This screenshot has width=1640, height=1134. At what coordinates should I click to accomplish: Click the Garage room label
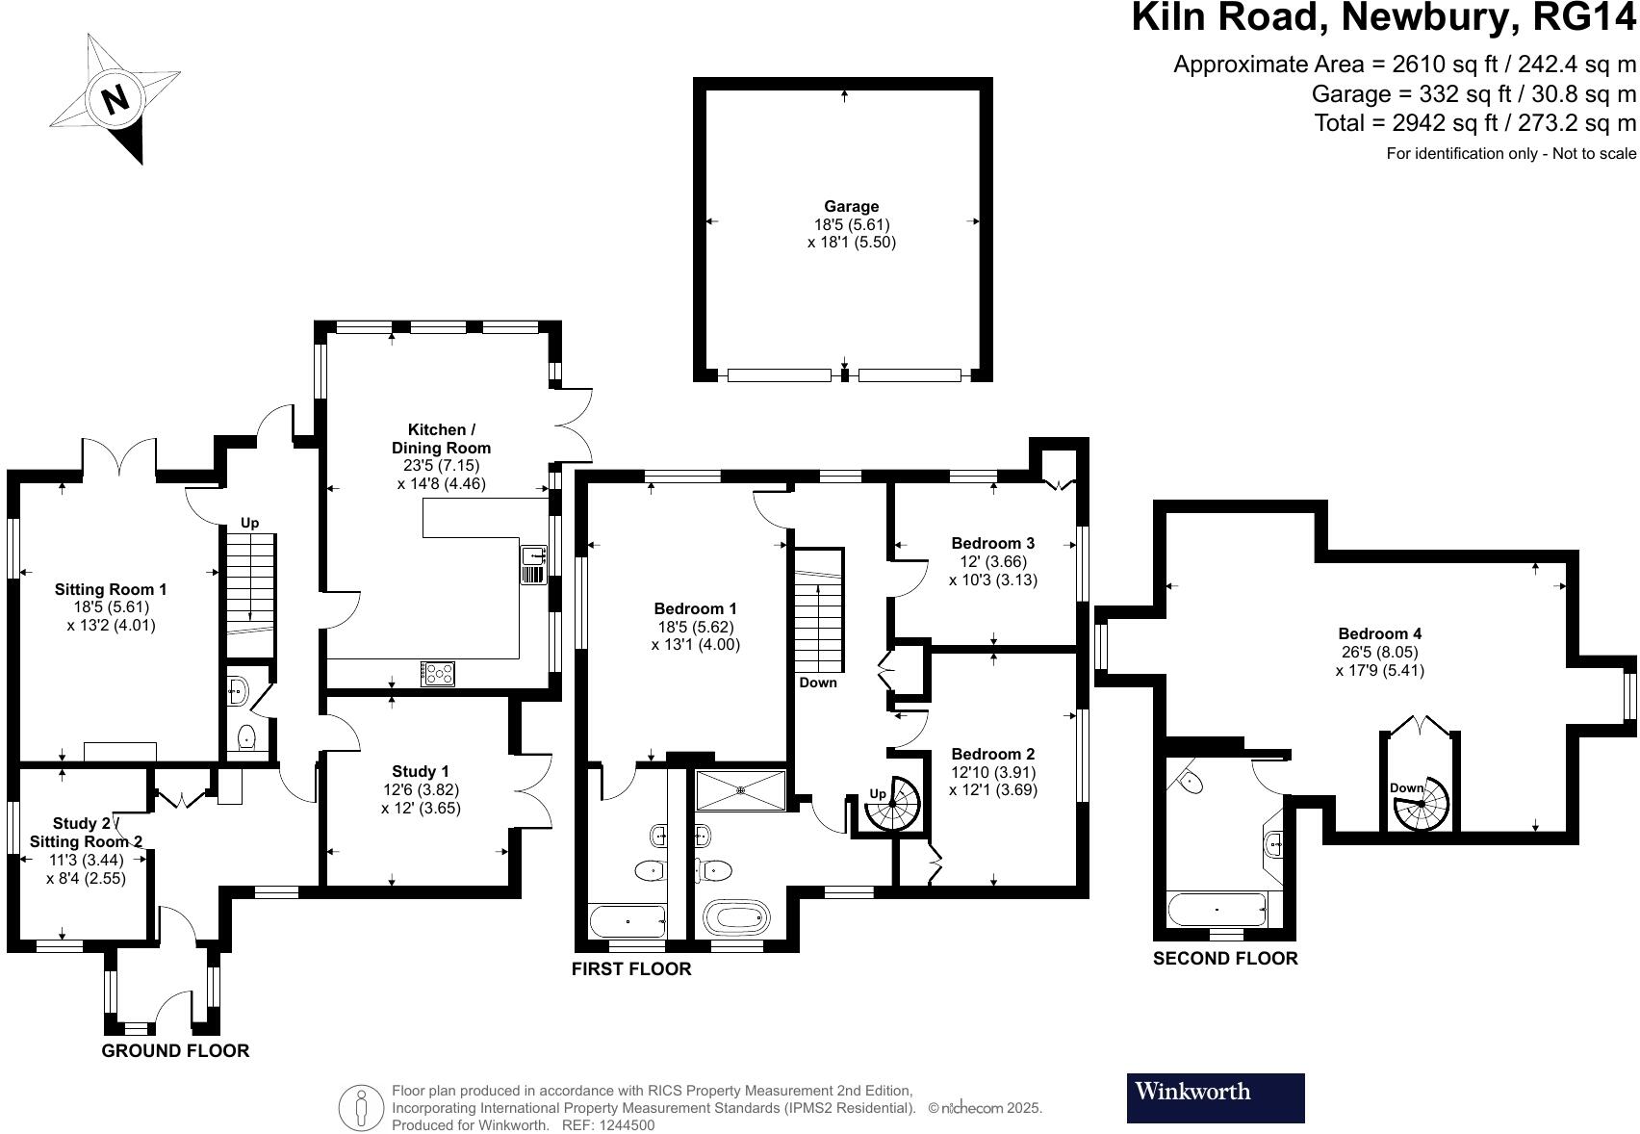point(851,206)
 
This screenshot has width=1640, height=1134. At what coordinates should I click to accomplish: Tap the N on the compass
point(116,98)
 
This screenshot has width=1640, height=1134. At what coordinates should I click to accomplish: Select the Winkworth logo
point(1215,1097)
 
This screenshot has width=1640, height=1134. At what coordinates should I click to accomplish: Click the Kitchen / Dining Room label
point(441,439)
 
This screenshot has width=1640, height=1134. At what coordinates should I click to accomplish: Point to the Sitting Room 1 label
point(111,589)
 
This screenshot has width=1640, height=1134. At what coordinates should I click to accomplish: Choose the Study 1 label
point(421,771)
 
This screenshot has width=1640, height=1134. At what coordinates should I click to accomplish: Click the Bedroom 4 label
point(1379,633)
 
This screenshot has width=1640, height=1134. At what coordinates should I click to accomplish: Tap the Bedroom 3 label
point(992,543)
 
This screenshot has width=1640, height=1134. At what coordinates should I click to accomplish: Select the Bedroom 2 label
point(992,754)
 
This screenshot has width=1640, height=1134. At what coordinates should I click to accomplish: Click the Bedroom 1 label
point(695,608)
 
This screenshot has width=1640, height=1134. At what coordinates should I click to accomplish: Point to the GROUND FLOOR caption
point(175,1050)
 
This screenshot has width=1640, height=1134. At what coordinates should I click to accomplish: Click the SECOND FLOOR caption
point(1225,958)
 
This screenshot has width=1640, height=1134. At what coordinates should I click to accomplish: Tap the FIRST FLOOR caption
point(631,968)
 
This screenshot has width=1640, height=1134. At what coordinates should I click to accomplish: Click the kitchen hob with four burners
point(438,673)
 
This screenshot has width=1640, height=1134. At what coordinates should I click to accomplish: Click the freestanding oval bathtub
point(736,917)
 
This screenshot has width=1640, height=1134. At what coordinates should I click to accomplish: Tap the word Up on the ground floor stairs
point(249,523)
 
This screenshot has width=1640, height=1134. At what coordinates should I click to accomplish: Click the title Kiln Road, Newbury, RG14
point(1383,17)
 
